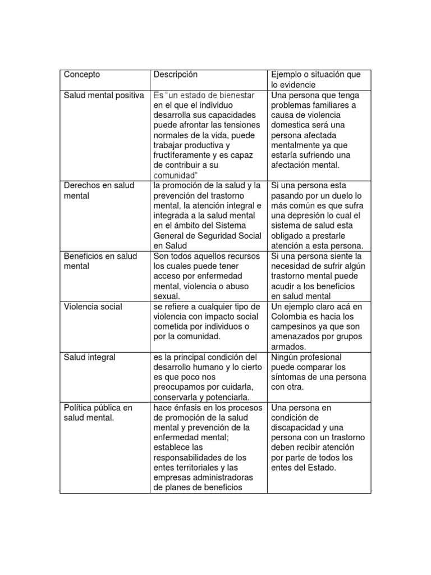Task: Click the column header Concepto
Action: (82, 75)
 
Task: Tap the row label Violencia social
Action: (93, 307)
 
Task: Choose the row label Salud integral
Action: (90, 357)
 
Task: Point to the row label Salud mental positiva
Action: (104, 95)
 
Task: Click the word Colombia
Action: (290, 316)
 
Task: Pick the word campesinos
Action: (295, 326)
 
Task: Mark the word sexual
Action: (166, 296)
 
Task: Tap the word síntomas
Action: (291, 377)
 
